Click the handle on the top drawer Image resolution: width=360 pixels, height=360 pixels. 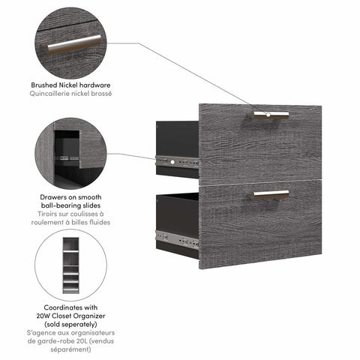(x=270, y=114)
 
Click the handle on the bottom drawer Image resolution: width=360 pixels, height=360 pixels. (x=270, y=193)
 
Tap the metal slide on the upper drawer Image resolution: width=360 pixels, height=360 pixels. (x=177, y=160)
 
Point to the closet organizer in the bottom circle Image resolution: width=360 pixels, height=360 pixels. (x=70, y=265)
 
